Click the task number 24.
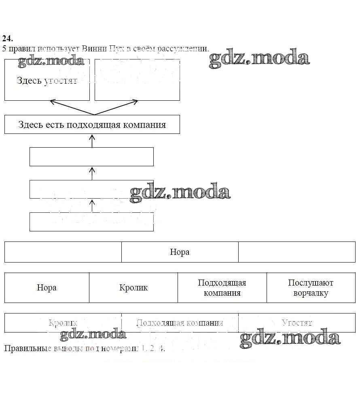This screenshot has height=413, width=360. (x=7, y=39)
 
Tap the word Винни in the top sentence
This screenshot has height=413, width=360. (x=94, y=49)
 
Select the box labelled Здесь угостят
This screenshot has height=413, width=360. (x=47, y=80)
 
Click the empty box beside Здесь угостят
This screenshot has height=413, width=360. (x=137, y=80)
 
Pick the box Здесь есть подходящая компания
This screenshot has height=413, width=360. (x=92, y=125)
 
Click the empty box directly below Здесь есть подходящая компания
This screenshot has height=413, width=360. (x=91, y=157)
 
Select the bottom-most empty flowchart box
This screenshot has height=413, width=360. (x=91, y=222)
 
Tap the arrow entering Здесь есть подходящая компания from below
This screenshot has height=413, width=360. (x=92, y=140)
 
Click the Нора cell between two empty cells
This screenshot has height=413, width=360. (x=180, y=252)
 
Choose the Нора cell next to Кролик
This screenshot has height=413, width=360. (x=47, y=288)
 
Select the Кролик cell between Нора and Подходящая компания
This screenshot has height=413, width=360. (x=133, y=288)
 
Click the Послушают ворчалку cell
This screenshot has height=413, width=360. (x=311, y=288)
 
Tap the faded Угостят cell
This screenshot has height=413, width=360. (x=296, y=323)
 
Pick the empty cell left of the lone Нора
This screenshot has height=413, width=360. (x=63, y=252)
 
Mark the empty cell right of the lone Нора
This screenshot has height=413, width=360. (x=296, y=252)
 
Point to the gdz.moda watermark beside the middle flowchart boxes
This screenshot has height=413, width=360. (x=180, y=192)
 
